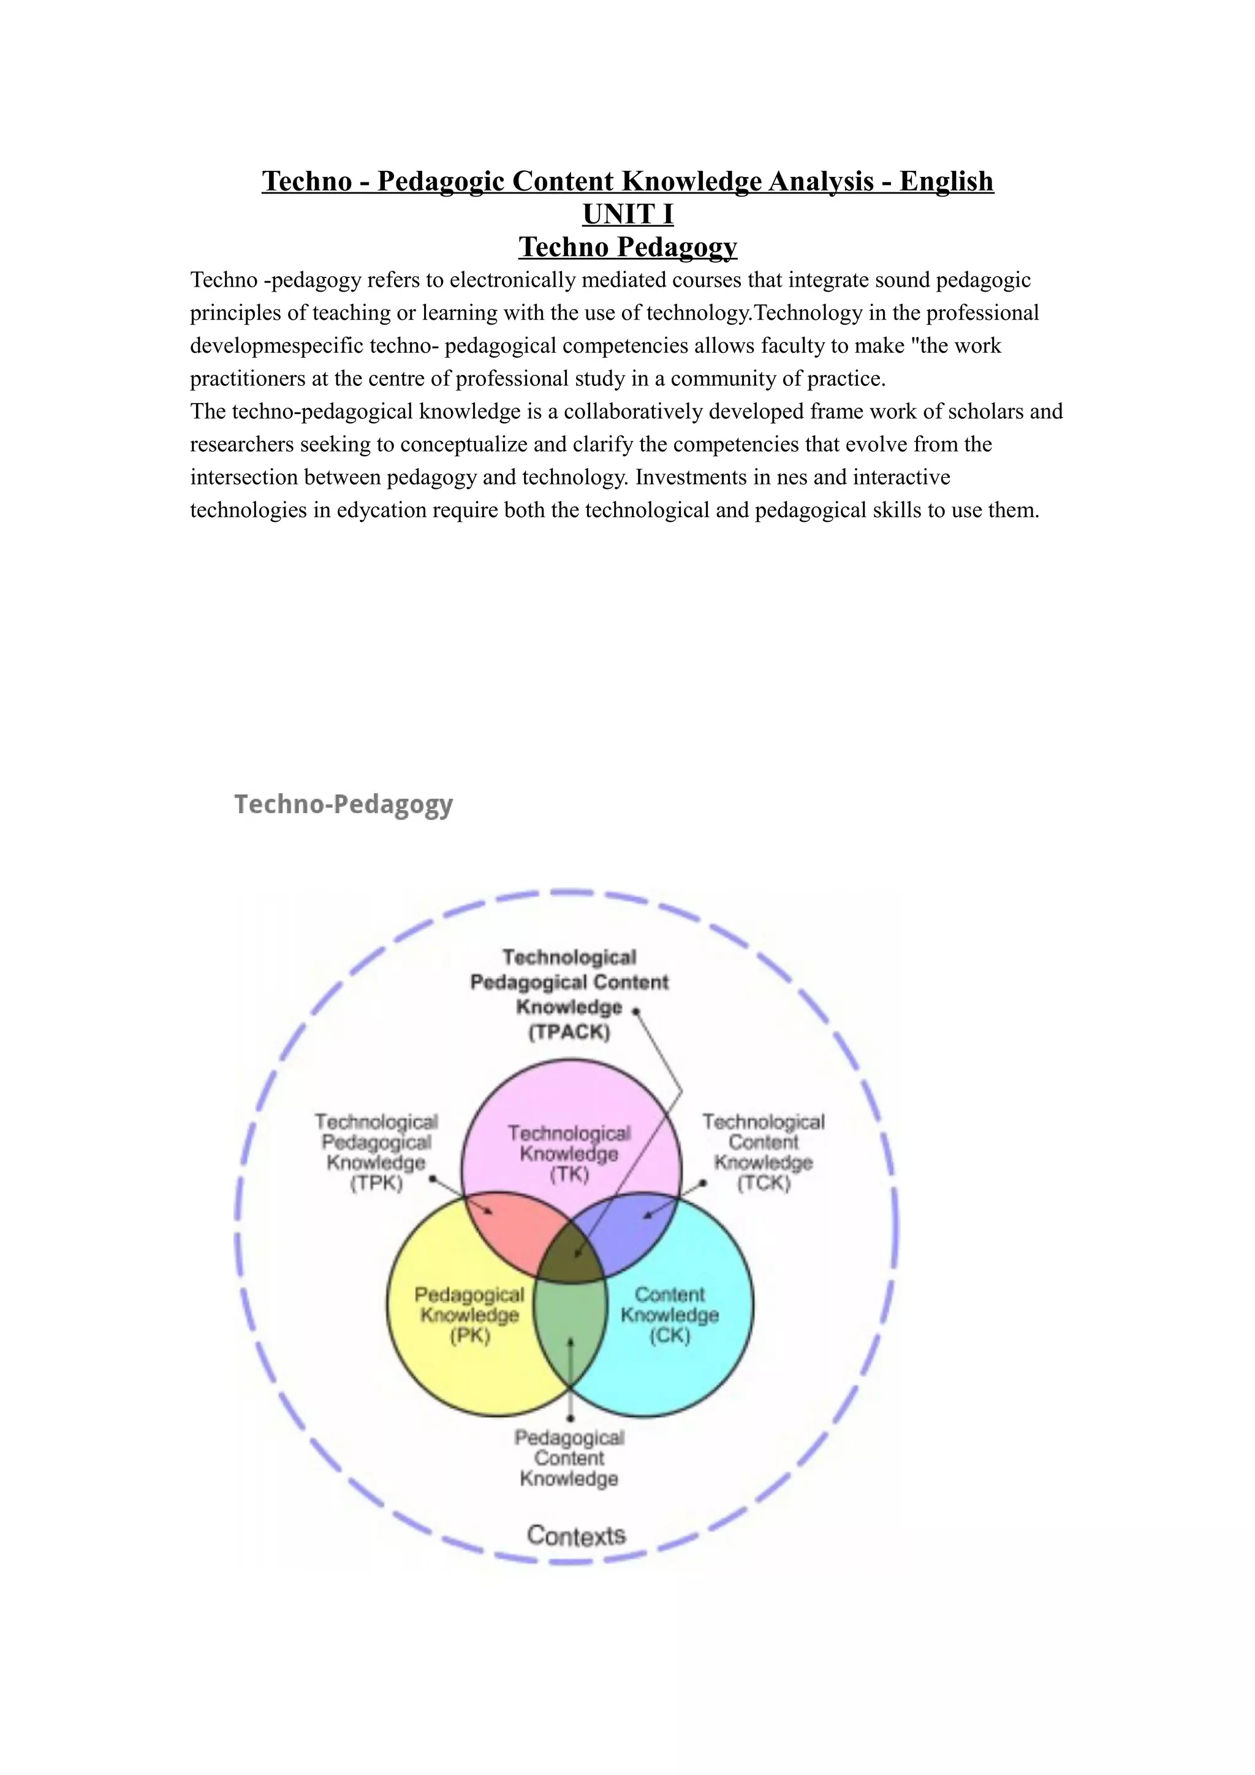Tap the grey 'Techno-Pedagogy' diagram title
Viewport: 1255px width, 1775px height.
[343, 804]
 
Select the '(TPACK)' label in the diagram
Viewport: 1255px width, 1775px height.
[569, 1032]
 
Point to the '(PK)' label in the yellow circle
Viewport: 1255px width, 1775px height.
[470, 1336]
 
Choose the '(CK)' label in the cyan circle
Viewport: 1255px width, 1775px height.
[670, 1336]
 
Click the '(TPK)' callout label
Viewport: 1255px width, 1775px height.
[377, 1183]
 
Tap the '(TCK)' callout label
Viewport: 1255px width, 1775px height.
[763, 1183]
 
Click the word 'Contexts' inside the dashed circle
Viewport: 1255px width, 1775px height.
[576, 1536]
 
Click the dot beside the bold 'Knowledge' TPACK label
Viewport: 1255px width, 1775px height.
[635, 1011]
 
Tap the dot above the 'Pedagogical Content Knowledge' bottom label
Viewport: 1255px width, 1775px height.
[571, 1418]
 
